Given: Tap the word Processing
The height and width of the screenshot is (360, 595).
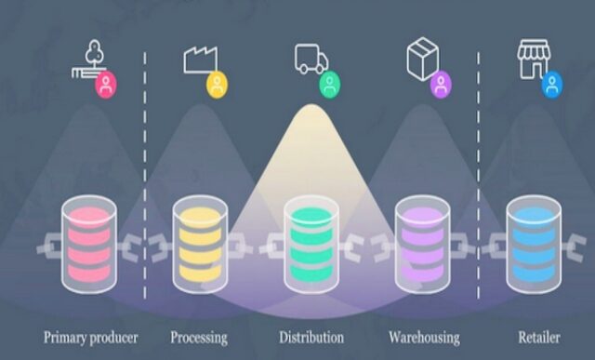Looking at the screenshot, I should tap(198, 336).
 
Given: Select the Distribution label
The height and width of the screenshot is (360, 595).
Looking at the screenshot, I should tap(311, 336).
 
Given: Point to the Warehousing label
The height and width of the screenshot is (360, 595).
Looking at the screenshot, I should tap(423, 336).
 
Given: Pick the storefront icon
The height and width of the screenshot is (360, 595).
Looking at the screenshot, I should tap(531, 57).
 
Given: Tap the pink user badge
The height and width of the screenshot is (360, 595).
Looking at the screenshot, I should tap(107, 85).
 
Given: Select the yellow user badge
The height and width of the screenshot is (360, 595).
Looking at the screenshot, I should tap(217, 85).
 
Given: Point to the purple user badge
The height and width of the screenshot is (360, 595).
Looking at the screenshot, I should tap(440, 85).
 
